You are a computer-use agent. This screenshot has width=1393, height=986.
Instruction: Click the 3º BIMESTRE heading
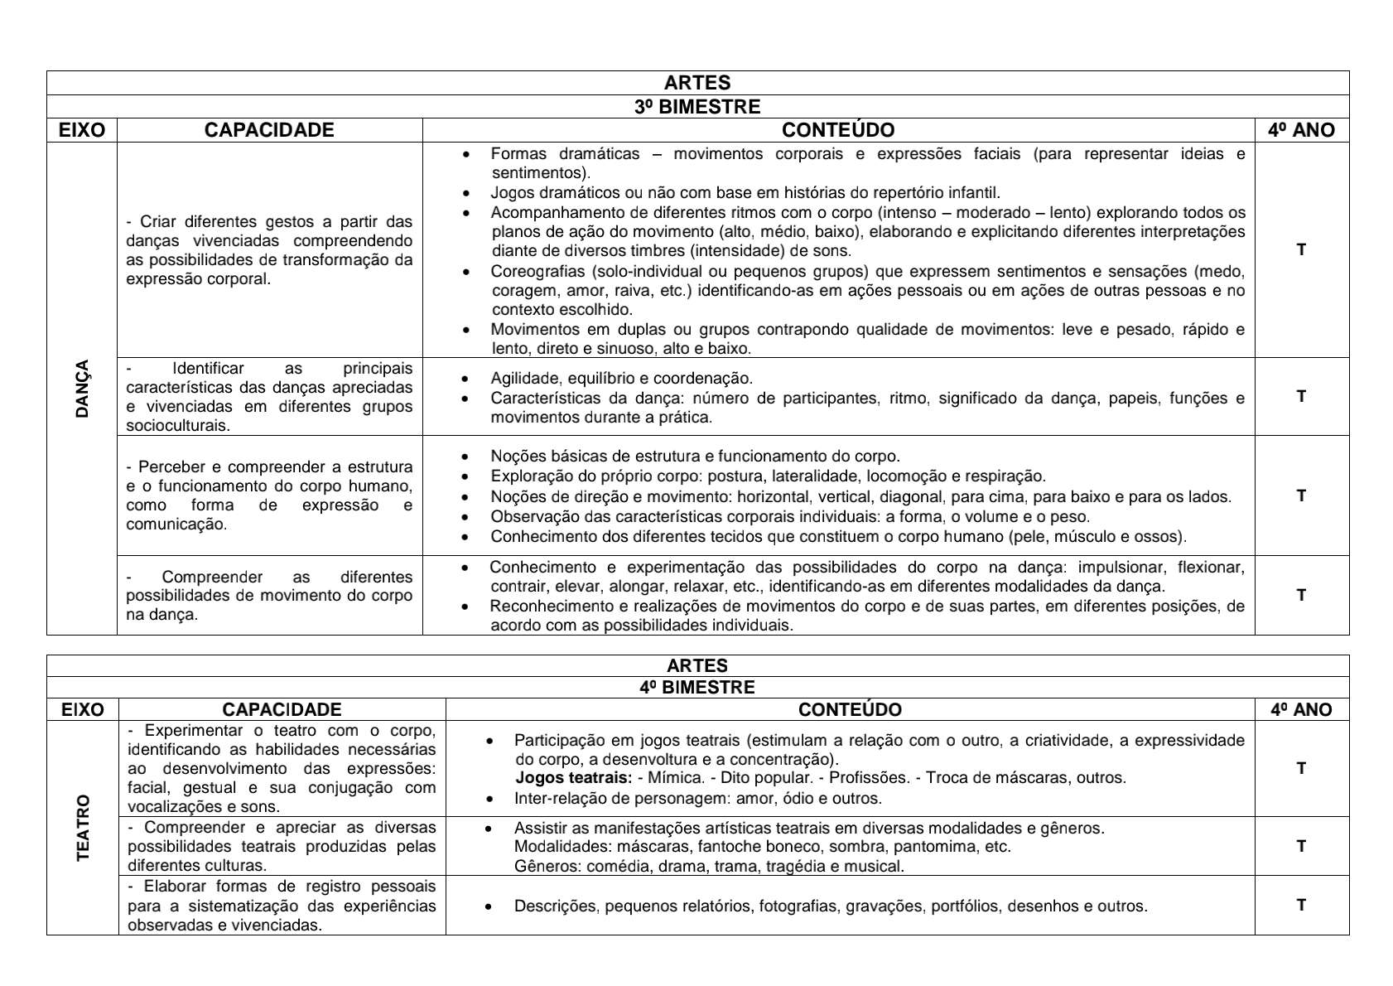pos(697,107)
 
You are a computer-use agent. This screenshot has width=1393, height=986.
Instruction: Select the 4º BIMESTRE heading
pos(697,688)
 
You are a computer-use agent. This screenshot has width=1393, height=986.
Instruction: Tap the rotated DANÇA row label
pos(82,389)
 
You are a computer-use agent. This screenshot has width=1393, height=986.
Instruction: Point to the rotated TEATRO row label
pos(83,828)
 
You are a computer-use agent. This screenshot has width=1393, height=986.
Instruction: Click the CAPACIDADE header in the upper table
pos(269,130)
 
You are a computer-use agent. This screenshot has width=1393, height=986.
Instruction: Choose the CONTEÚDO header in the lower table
pos(850,710)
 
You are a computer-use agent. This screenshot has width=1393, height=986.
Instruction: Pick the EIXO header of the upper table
pos(82,130)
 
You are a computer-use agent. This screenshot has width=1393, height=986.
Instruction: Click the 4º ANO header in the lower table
pos(1301,710)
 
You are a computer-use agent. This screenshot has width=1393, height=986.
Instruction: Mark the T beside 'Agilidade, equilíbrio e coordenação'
pos(1301,396)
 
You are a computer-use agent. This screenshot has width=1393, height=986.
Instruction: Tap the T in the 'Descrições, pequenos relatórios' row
pos(1301,905)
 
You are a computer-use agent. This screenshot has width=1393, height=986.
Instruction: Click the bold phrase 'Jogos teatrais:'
pos(573,778)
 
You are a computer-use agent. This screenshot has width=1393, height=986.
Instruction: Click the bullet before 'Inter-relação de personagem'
pos(490,800)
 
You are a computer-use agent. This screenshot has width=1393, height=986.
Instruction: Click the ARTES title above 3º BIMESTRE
pos(697,83)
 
